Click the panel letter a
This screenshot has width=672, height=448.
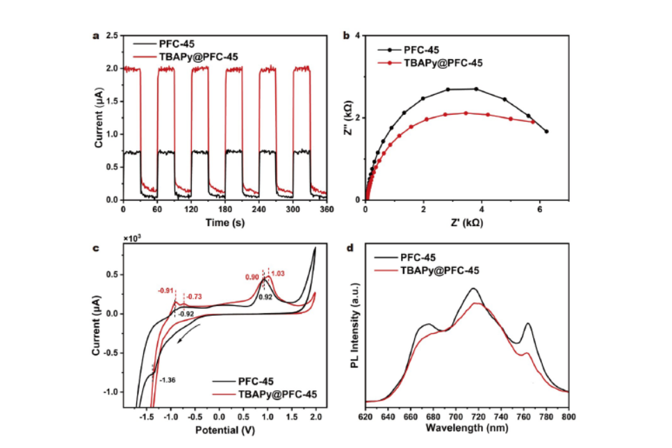click(97, 36)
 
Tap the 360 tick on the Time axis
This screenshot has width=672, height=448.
click(325, 209)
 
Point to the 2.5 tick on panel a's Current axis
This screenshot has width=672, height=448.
click(111, 36)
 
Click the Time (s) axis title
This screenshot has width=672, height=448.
click(224, 222)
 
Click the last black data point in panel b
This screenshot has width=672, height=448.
click(546, 131)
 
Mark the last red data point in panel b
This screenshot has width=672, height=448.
click(533, 122)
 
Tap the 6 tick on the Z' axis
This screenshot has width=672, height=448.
click(539, 209)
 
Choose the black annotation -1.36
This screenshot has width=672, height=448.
click(167, 380)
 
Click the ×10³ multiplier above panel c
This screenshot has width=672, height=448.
click(133, 239)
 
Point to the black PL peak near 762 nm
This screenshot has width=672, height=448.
click(529, 323)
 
